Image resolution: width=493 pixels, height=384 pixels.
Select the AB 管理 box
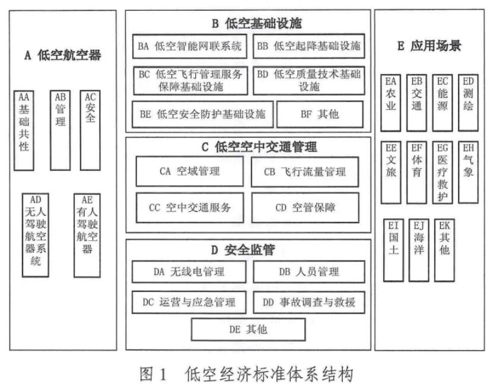click(x=61, y=129)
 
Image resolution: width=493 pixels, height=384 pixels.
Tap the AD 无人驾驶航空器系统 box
click(x=36, y=235)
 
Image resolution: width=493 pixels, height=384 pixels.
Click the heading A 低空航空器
click(x=63, y=56)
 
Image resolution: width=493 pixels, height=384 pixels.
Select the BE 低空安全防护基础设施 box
click(x=203, y=115)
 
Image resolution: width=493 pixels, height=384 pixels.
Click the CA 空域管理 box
click(x=189, y=172)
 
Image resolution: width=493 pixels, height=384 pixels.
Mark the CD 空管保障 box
click(x=306, y=208)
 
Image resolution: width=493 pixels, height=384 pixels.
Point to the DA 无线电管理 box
click(x=189, y=272)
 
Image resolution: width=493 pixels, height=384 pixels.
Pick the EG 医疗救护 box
click(x=442, y=172)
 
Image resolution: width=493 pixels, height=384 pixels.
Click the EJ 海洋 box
click(x=418, y=249)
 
